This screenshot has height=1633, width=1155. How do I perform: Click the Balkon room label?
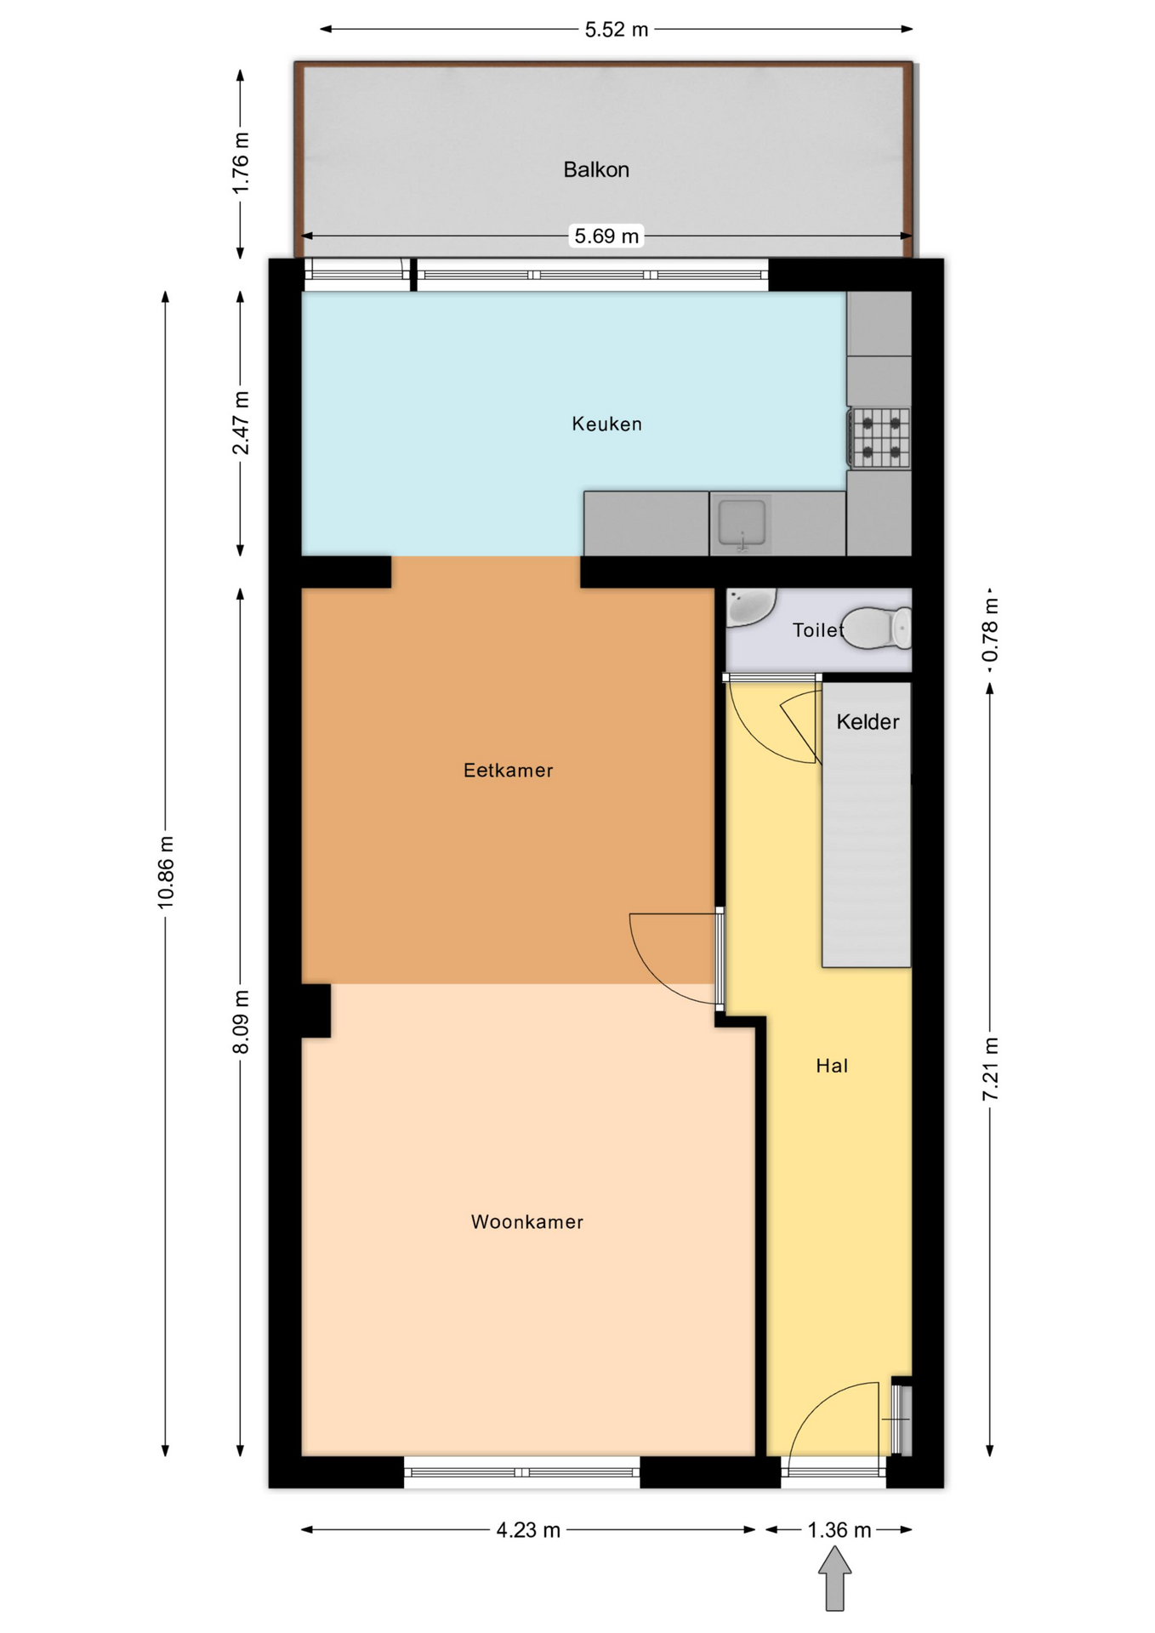pos(596,170)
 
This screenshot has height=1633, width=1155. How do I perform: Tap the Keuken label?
pos(606,424)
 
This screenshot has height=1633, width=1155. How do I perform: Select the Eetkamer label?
pos(508,771)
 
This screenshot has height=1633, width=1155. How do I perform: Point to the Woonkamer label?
pos(527,1222)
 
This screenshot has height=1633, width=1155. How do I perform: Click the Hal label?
pos(832,1066)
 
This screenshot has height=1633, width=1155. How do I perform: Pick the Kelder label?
pos(868,722)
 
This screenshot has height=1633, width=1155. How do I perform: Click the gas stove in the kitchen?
pos(879,438)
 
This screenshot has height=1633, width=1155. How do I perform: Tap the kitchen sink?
pos(742,524)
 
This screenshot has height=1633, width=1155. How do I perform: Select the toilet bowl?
pos(876,629)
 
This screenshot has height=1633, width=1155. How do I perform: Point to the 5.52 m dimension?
pos(617,30)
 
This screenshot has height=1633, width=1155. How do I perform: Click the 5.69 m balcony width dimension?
pos(606,236)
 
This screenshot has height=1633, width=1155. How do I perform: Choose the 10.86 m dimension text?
pos(166,872)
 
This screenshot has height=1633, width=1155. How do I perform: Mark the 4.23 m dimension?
pos(528,1530)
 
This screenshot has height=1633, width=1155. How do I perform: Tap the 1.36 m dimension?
pos(839,1530)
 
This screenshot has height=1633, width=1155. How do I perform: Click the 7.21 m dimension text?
pos(990,1070)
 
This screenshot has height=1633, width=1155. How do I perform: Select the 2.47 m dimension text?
pos(242,423)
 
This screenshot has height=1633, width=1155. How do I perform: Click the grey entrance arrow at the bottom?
pos(835,1579)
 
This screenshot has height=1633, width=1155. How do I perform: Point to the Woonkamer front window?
pos(522,1472)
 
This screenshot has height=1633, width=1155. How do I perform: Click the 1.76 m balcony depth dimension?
pos(242,162)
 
